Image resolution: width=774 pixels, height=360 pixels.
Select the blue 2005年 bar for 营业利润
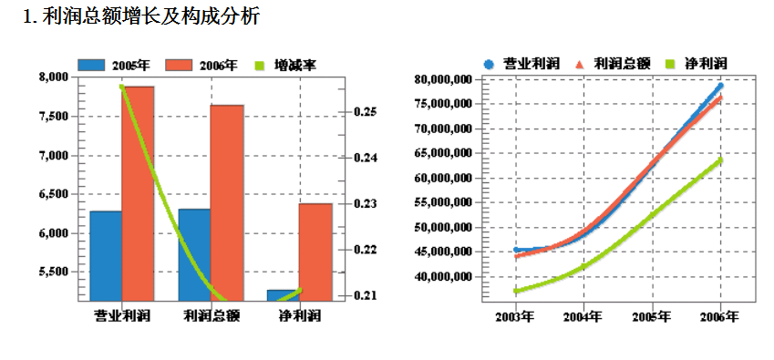(106, 255)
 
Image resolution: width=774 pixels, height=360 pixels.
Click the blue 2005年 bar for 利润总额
(194, 254)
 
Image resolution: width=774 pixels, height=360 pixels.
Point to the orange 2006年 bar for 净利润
(315, 252)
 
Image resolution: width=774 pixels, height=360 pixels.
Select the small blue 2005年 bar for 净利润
(283, 294)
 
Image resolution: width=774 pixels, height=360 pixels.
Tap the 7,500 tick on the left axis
(53, 117)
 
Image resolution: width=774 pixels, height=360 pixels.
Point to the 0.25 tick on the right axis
(366, 112)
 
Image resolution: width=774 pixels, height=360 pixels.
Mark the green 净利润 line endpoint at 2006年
(720, 159)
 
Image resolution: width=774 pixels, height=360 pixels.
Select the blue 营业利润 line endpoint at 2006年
(720, 86)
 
